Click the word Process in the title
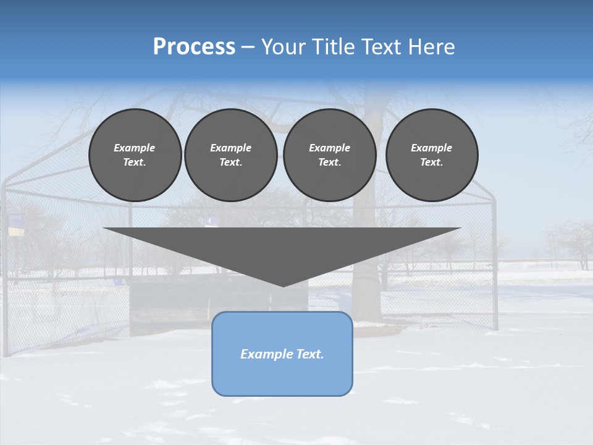[x=194, y=46]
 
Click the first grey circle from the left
[x=135, y=155]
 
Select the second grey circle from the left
[x=231, y=155]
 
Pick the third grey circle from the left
[x=329, y=155]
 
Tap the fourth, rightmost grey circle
[x=432, y=155]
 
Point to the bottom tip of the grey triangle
[x=283, y=286]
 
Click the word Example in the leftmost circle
[x=135, y=148]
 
